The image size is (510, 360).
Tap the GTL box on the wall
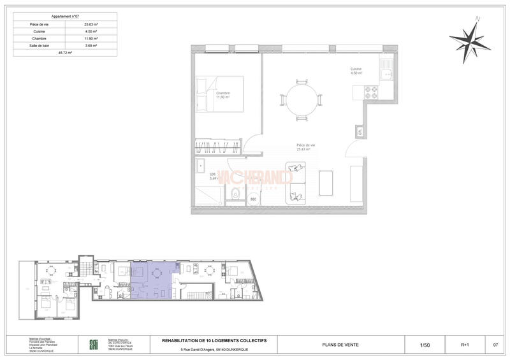tap(360, 133)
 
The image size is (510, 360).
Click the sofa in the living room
tap(297, 183)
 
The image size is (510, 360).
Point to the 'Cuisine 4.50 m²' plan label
tap(356, 71)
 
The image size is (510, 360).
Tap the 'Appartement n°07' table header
tap(65, 16)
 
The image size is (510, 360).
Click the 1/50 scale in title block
tap(425, 345)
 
